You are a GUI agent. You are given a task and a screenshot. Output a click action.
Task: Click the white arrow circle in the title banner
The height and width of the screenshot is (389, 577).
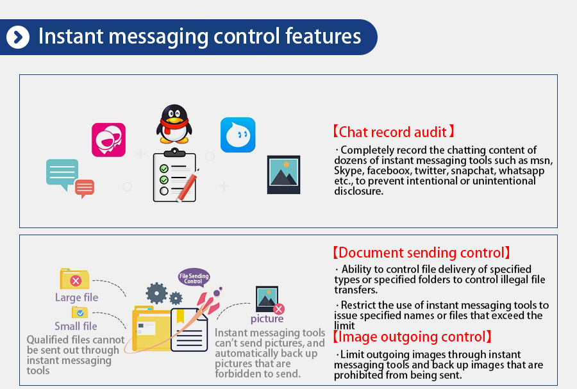18,37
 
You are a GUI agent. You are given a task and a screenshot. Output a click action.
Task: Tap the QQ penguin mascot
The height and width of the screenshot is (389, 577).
174,124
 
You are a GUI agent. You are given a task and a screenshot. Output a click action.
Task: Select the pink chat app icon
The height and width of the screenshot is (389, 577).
108,140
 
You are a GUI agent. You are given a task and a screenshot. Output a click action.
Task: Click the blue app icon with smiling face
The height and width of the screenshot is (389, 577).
238,135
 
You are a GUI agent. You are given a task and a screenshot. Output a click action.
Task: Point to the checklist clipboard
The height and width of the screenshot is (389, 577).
175,175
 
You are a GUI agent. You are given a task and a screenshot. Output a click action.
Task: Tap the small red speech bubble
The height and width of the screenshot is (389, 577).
85,188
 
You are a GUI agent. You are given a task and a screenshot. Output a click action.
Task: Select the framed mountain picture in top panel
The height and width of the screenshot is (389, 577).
284,175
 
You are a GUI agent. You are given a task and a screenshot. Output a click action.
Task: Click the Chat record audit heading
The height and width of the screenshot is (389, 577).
394,131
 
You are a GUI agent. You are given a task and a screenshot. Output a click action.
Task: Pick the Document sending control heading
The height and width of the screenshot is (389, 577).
421,252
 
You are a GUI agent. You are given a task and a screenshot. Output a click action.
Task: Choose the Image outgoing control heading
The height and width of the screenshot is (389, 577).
412,336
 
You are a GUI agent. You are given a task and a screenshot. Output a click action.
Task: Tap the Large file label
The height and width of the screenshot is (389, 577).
76,297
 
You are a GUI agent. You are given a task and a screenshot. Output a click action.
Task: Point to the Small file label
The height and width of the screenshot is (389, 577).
76,326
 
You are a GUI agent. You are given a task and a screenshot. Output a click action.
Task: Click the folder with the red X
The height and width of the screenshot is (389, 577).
75,279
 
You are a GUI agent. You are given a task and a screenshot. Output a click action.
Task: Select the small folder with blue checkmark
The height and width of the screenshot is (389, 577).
79,313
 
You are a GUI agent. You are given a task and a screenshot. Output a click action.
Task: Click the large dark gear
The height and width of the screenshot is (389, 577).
157,293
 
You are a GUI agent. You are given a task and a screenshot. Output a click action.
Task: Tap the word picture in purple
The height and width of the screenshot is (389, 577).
267,319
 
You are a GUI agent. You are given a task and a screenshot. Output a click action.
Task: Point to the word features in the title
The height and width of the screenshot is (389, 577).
323,36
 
